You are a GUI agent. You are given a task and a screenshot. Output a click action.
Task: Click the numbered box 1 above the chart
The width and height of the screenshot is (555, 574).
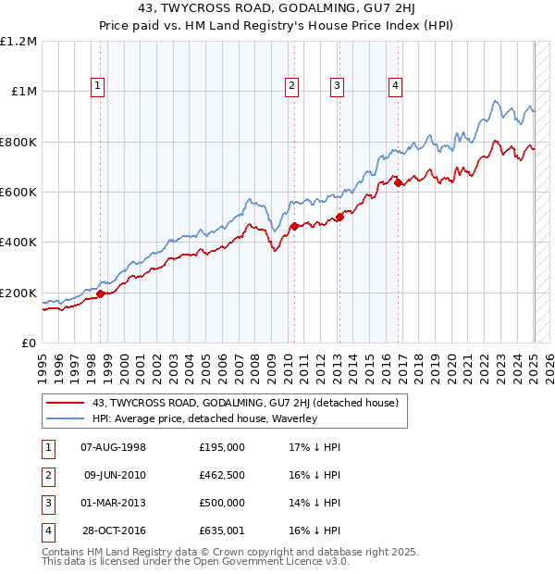coord(98,87)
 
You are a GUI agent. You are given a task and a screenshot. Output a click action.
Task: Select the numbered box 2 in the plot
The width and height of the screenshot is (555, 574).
coord(291,87)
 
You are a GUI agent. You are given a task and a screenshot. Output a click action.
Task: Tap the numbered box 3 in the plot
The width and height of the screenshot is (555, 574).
coord(337,87)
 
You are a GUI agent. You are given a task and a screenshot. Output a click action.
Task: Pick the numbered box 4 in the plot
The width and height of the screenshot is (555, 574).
coord(395,87)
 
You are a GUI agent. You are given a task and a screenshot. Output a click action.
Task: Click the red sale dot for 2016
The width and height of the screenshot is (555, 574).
coord(398,183)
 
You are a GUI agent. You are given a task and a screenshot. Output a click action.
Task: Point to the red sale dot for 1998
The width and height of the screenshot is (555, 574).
coord(100,293)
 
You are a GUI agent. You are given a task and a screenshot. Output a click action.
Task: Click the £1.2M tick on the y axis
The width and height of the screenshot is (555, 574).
coord(18,42)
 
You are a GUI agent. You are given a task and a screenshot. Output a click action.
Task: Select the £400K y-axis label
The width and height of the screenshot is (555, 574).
coord(18,243)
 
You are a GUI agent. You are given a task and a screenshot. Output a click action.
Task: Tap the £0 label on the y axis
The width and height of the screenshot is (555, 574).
coord(29,343)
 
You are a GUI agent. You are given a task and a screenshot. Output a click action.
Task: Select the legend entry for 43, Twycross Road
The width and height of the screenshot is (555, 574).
coord(245,403)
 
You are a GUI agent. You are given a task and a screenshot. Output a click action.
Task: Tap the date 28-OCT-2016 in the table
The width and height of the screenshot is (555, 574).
coord(114,530)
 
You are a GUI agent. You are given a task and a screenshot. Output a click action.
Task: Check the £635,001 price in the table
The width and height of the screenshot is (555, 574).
coord(222,530)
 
